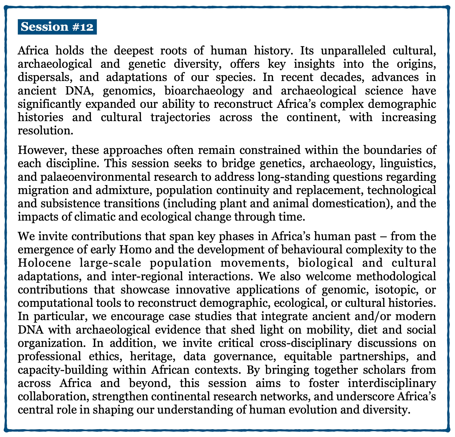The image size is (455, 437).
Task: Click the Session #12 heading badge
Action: click(x=57, y=27)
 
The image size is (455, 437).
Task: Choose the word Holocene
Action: click(x=45, y=263)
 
